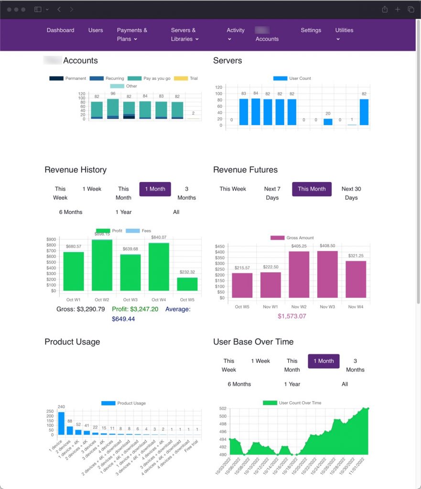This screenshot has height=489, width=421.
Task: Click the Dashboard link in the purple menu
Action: coord(60,30)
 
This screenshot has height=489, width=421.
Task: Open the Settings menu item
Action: coord(311,30)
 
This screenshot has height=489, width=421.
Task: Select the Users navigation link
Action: coord(96,30)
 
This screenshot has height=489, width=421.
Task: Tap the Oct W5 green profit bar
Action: coord(187,284)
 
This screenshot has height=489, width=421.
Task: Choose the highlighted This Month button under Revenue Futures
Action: coord(312,189)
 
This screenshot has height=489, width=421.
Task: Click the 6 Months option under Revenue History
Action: coord(71,212)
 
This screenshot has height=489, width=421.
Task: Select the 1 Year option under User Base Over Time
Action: coord(292,384)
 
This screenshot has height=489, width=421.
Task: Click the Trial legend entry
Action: coord(186,78)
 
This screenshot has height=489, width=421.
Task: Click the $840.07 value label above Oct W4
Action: coord(159,237)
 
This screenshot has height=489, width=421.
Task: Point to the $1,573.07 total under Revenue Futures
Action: coord(291,316)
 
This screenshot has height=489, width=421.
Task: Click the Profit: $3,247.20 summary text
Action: coord(135,309)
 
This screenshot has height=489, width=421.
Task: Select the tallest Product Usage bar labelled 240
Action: coord(61,424)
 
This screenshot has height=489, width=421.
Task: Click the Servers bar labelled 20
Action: coord(328,122)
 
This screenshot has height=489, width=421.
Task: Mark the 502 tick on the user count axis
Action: coord(223,409)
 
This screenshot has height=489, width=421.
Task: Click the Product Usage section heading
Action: coord(72,342)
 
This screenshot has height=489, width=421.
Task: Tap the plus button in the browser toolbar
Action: coord(398,10)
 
